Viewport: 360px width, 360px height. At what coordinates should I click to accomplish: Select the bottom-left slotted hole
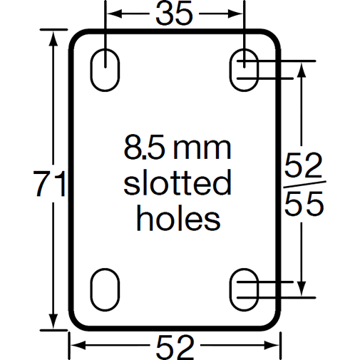point(106,288)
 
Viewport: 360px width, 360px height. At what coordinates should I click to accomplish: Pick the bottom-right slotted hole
point(245,288)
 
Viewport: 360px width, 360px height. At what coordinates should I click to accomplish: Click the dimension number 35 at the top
point(174,14)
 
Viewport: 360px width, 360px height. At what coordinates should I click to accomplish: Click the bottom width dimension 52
point(175,346)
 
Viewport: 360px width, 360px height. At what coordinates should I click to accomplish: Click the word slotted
point(178,184)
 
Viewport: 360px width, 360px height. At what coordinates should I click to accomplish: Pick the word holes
point(178,217)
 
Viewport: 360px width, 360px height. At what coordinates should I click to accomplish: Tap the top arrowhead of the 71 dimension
point(52,37)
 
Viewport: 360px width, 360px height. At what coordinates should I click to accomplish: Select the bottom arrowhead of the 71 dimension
point(52,322)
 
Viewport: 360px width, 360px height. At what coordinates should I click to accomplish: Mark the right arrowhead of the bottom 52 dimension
point(275,346)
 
